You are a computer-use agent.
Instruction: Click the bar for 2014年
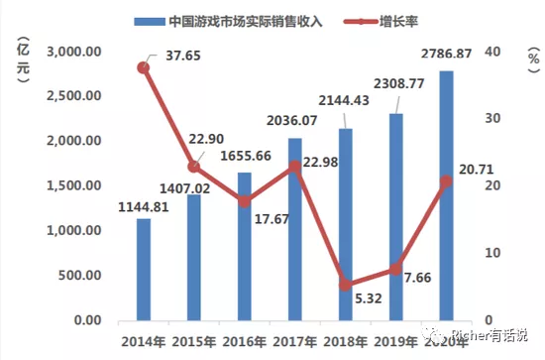click(144, 270)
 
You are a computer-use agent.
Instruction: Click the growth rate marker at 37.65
click(144, 67)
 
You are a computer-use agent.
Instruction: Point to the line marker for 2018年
click(346, 285)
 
